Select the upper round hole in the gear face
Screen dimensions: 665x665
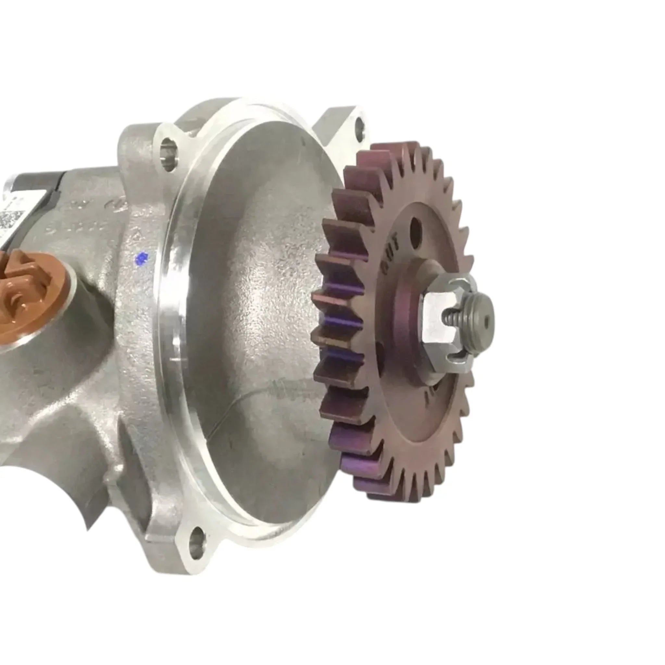pos(416,226)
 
